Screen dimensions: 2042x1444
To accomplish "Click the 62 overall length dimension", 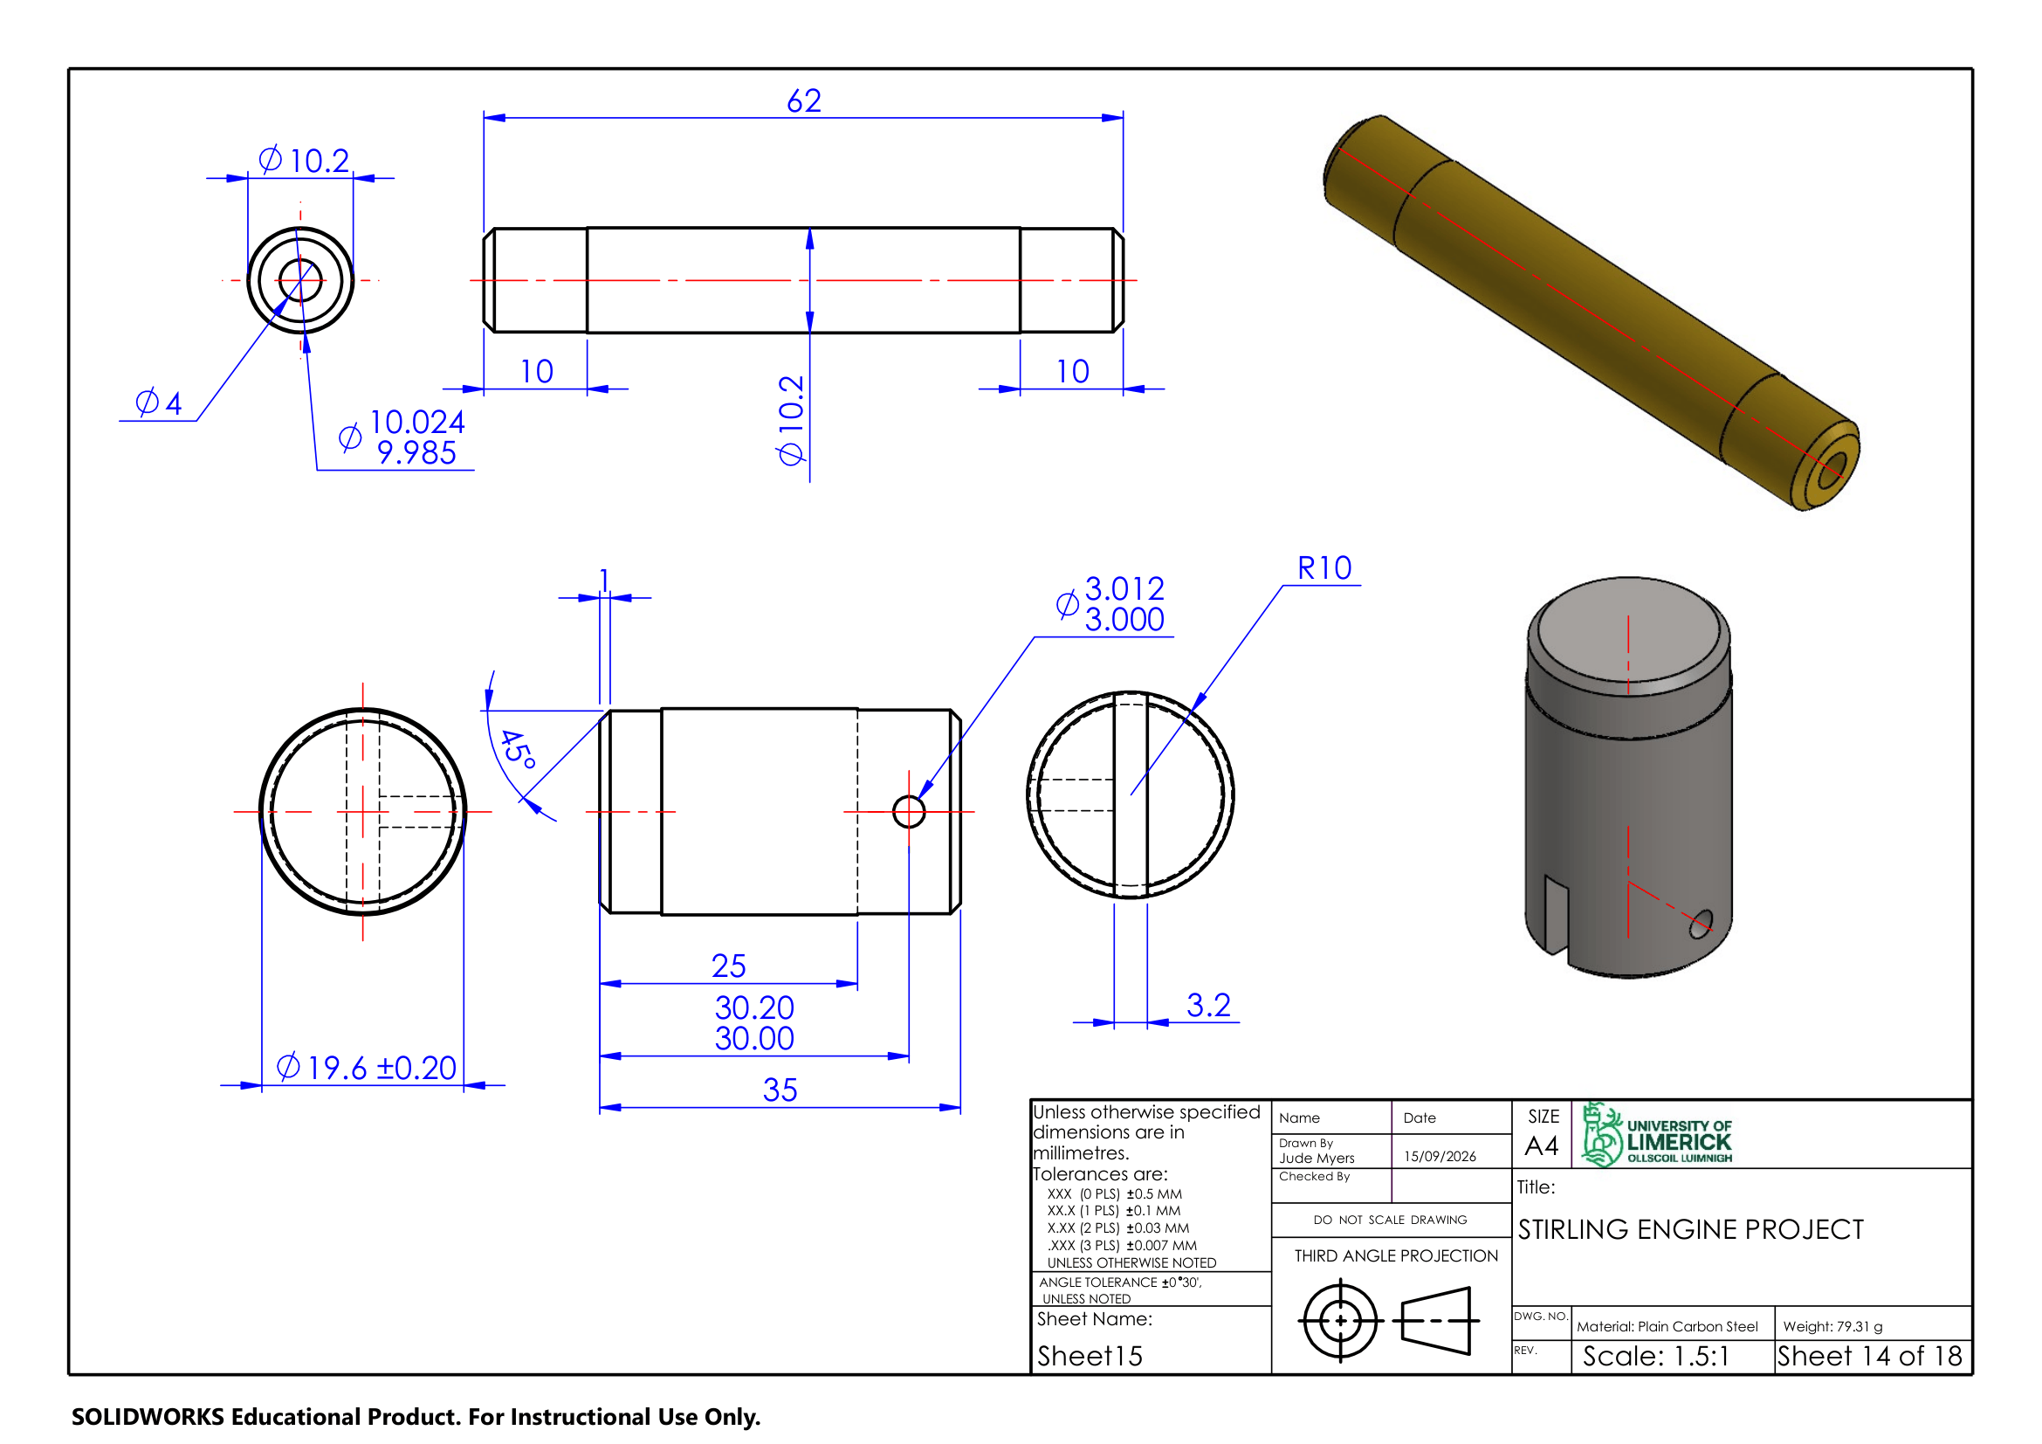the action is [x=804, y=100].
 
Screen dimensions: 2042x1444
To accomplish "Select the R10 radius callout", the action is [x=1324, y=568].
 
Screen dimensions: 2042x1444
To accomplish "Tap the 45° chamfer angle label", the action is [x=518, y=750].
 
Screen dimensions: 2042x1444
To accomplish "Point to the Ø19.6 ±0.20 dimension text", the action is [x=367, y=1067].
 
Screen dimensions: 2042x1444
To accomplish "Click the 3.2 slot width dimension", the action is [x=1208, y=1005].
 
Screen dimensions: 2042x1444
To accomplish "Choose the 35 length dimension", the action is [x=780, y=1090].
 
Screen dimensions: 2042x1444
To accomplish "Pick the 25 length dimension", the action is [x=728, y=966].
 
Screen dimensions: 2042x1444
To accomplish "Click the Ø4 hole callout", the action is [x=158, y=402].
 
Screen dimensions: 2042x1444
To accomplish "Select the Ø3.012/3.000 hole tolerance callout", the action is [x=1110, y=604].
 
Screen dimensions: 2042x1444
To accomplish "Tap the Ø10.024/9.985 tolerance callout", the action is [x=402, y=437].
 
